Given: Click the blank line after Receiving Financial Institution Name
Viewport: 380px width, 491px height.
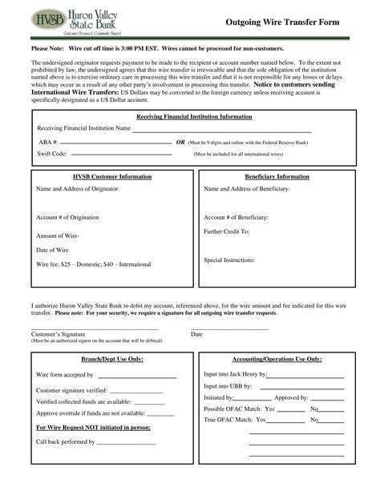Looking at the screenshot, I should point(232,129).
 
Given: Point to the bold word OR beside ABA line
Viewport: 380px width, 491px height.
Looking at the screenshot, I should point(180,141).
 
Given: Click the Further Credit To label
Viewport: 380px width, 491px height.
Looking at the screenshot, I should point(228,231).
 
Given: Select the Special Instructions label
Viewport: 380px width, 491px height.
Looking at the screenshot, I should point(229,260).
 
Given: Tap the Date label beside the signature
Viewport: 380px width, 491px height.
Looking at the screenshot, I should point(196,333).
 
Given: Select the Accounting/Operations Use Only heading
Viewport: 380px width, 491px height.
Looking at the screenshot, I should point(277,360).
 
